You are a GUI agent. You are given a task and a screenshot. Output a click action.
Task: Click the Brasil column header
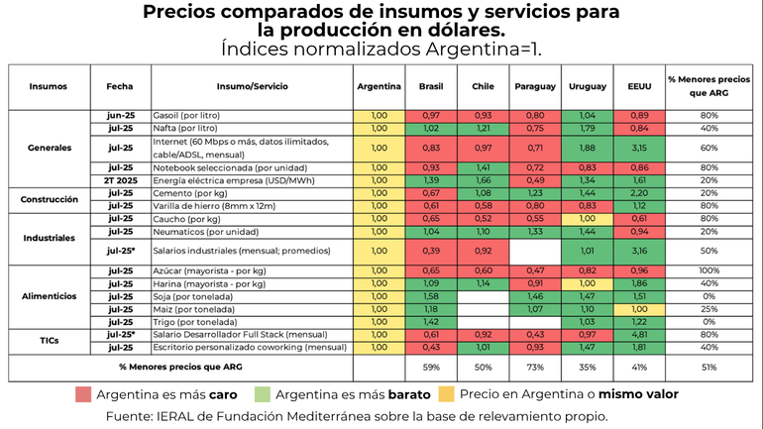pyautogui.click(x=431, y=86)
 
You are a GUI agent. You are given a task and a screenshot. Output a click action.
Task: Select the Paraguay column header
pyautogui.click(x=535, y=86)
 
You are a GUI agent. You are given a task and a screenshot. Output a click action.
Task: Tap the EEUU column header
pyautogui.click(x=638, y=86)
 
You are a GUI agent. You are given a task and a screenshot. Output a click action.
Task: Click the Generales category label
pyautogui.click(x=50, y=148)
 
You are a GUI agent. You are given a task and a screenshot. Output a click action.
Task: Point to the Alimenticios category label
pyautogui.click(x=50, y=296)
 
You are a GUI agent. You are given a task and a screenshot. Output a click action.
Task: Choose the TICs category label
pyautogui.click(x=50, y=341)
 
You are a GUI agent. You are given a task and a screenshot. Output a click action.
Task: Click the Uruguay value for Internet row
pyautogui.click(x=587, y=148)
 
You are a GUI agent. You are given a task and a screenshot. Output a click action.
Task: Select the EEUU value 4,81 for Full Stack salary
pyautogui.click(x=638, y=336)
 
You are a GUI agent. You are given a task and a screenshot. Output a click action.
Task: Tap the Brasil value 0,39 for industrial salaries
pyautogui.click(x=431, y=252)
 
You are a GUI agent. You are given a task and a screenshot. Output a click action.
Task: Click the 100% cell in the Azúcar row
pyautogui.click(x=708, y=270)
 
